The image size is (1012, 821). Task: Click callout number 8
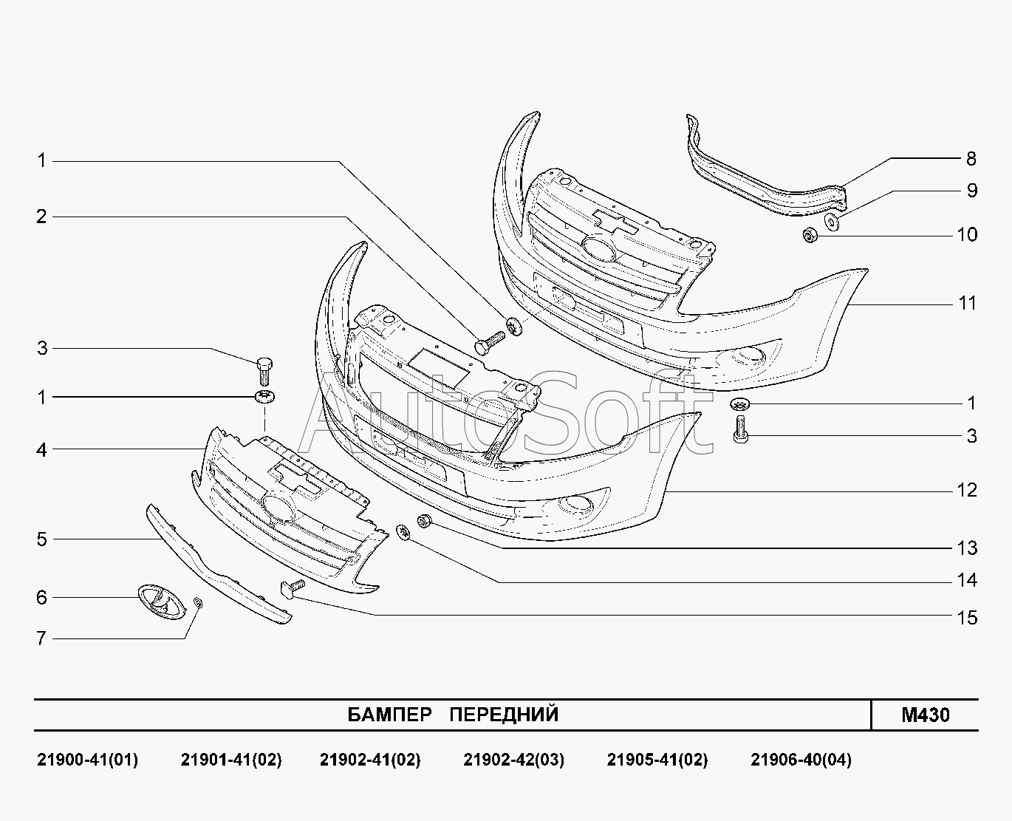971,159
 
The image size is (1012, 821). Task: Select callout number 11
967,303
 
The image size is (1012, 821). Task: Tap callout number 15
967,618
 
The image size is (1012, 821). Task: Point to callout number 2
41,217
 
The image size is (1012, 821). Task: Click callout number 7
41,638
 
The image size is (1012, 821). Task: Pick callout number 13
967,548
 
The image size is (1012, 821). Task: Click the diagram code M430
925,715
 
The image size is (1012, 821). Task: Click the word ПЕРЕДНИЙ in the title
504,715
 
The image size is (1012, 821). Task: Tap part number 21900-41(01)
87,760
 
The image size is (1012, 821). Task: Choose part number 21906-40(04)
801,760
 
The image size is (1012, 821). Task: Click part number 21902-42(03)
513,760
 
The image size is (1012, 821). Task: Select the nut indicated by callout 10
809,236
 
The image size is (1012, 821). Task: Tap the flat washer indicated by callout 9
832,222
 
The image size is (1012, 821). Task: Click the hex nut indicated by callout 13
425,520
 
